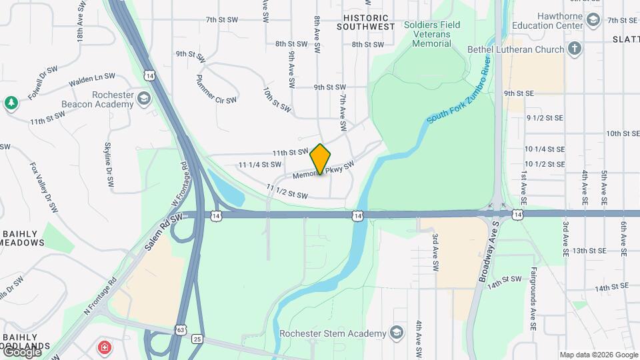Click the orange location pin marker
point(321,159)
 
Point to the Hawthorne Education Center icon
point(593,22)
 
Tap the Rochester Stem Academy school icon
point(397,333)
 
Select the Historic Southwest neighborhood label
point(365,21)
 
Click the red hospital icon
point(104,347)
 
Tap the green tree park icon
point(11,103)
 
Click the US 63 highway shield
point(181,329)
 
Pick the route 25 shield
point(197,340)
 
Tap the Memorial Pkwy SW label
point(323,171)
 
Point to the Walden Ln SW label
point(92,81)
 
